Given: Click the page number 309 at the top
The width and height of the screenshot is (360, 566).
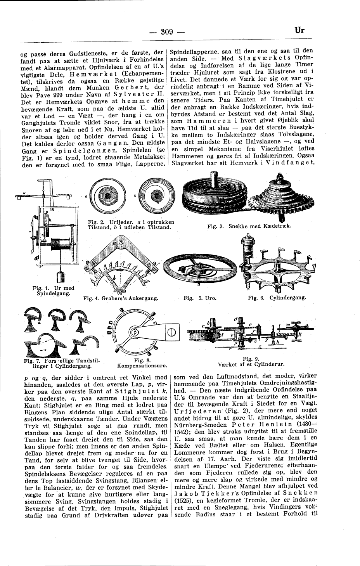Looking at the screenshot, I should pos(166,32).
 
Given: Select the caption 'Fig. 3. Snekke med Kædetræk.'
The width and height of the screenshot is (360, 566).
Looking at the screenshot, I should pos(249,226).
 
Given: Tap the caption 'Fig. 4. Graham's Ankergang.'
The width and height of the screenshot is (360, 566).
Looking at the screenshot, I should pos(121,298).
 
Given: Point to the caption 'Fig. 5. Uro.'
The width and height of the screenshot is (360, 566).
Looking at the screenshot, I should pos(200,298).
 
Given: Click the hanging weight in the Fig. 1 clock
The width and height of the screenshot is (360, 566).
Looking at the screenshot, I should pos(60,277).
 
